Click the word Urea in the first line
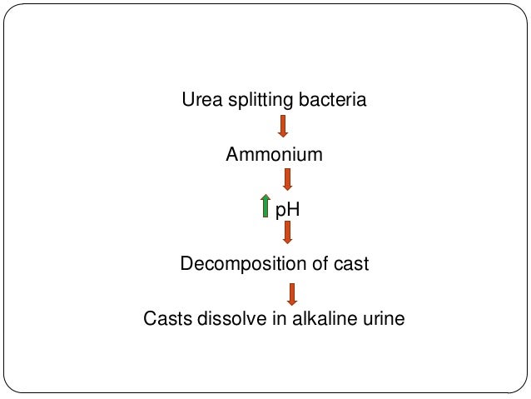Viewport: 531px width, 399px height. click(x=201, y=101)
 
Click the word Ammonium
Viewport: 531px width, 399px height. click(x=274, y=155)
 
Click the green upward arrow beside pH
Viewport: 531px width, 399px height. click(x=265, y=206)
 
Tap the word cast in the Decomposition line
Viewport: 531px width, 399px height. click(x=350, y=264)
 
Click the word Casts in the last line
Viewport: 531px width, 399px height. click(x=166, y=318)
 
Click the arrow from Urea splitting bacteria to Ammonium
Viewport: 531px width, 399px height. click(x=283, y=126)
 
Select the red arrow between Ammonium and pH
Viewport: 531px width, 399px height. click(x=287, y=179)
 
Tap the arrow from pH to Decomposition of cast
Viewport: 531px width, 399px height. click(x=287, y=233)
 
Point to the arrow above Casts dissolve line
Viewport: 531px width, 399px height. click(x=291, y=294)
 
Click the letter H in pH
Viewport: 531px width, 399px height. click(x=292, y=208)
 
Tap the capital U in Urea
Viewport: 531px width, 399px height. click(x=187, y=101)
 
